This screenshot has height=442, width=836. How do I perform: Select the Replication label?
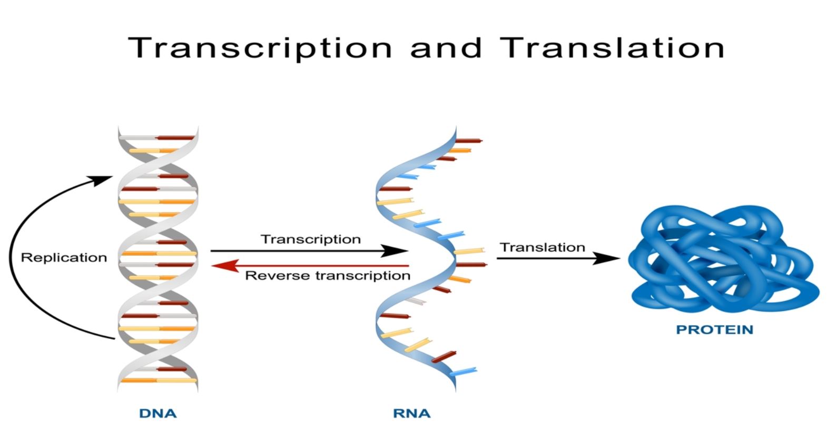[x=64, y=258]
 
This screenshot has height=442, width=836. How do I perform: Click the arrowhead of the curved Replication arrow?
[x=103, y=180]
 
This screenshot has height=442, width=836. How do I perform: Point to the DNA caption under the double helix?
[x=158, y=414]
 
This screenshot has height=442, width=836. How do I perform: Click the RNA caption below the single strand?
[x=411, y=414]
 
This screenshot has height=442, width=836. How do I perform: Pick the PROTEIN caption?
[x=714, y=330]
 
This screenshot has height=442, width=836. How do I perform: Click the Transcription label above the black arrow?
[x=311, y=239]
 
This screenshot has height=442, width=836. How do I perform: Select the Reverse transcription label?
[x=328, y=276]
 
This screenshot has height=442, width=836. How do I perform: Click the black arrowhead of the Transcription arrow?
[x=398, y=251]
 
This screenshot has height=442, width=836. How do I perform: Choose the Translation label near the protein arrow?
[x=543, y=247]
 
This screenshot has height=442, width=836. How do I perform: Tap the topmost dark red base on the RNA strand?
[x=469, y=141]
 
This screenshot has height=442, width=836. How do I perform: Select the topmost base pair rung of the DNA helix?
[x=157, y=138]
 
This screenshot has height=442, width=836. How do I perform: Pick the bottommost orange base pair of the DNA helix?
[x=158, y=380]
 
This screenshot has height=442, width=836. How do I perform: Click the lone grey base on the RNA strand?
[x=416, y=300]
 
